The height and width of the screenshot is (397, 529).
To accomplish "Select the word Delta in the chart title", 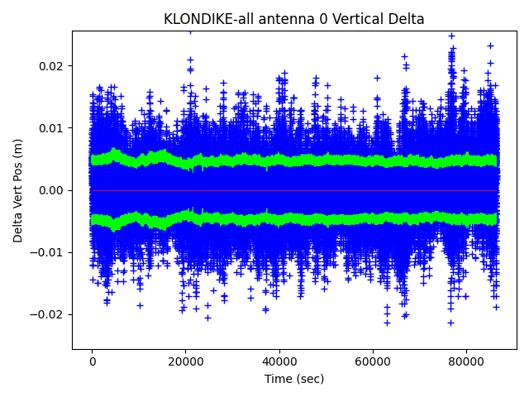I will [405, 19].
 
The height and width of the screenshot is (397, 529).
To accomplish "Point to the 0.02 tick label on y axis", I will [52, 66].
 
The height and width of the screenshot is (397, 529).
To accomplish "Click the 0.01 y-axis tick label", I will [52, 128].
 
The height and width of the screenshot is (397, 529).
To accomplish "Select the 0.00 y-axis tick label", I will [52, 190].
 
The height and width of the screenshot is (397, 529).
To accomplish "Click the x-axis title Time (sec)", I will [294, 379].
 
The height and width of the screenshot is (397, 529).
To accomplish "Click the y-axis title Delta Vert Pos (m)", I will [18, 190].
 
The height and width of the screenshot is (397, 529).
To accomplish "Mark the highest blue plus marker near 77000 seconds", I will [451, 36].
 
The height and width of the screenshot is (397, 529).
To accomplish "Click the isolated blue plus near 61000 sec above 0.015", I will [377, 78].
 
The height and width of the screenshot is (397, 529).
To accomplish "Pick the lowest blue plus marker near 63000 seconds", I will [386, 323].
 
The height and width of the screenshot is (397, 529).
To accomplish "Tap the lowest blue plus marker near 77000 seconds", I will [450, 323].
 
